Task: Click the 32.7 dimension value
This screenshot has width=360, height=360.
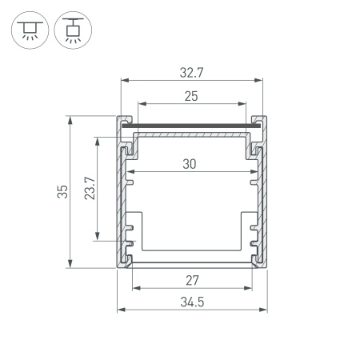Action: (x=191, y=72)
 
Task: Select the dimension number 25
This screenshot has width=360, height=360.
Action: (x=190, y=96)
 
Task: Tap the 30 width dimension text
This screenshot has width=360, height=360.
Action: (x=190, y=164)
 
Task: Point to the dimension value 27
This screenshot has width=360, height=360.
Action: (x=190, y=281)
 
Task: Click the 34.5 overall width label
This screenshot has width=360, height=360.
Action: (x=191, y=302)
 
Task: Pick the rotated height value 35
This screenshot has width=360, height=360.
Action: (x=62, y=192)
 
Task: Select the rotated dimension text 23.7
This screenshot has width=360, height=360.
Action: (x=90, y=188)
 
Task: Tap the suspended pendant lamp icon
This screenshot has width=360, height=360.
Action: (x=73, y=29)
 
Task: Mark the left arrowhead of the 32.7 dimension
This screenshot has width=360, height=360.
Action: (x=123, y=79)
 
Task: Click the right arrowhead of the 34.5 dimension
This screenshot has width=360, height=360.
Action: (x=263, y=309)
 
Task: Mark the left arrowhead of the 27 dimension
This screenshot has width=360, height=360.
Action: (x=134, y=288)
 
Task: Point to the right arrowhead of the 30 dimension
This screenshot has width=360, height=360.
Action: (x=254, y=172)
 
